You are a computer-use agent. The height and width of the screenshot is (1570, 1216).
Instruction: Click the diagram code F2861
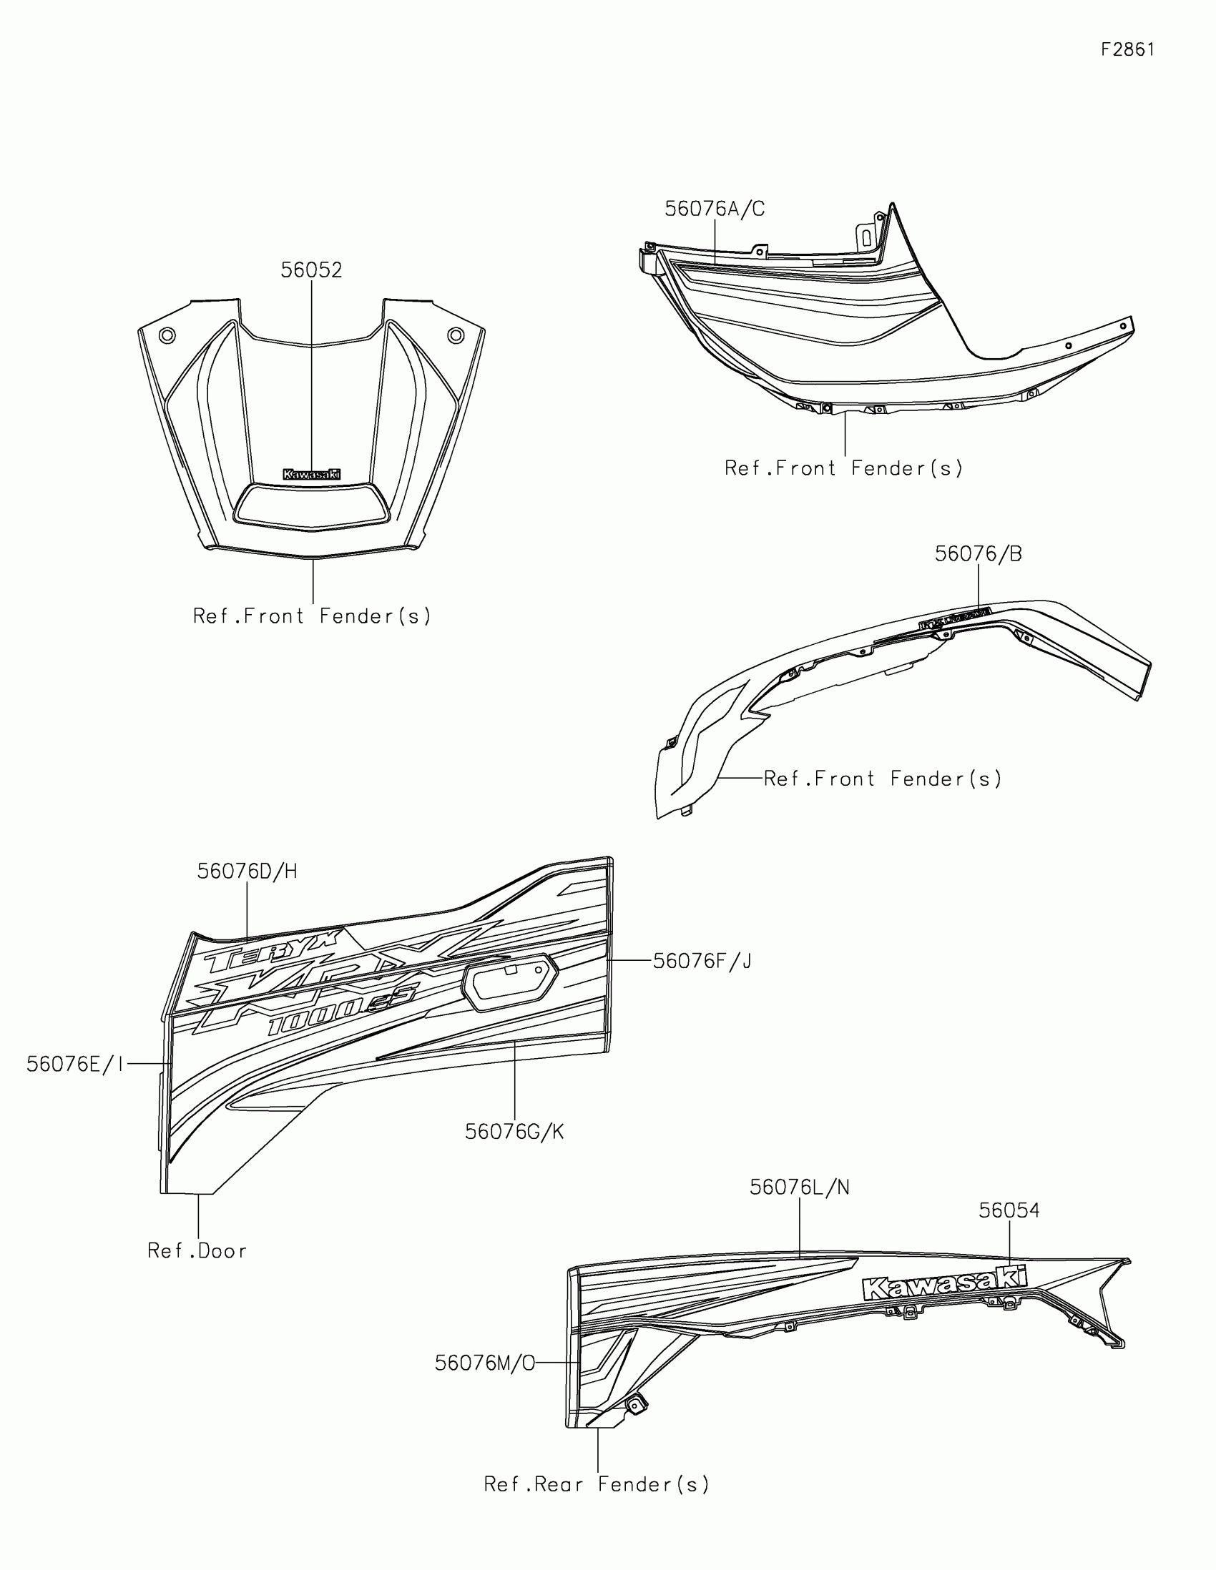1127,49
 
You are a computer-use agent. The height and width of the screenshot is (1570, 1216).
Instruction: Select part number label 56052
310,270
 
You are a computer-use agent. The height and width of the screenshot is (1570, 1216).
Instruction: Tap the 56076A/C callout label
714,209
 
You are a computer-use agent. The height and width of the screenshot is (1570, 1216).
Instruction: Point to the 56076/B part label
978,553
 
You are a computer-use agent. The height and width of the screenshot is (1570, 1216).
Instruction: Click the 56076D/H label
247,872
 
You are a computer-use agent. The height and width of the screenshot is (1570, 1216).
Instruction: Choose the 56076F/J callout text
702,961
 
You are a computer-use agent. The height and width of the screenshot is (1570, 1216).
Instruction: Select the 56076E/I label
75,1064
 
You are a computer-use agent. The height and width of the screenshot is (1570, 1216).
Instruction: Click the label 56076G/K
514,1132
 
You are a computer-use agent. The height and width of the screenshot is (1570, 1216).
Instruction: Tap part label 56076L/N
799,1188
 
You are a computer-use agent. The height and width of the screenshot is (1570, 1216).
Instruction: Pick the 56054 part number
1009,1210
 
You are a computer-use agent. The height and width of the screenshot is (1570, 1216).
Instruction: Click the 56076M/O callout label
485,1363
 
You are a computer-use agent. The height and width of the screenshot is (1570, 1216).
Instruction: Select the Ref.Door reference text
197,1252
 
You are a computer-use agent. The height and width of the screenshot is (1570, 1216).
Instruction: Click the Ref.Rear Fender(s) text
596,1484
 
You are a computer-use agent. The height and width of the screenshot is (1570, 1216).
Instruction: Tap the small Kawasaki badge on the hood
311,475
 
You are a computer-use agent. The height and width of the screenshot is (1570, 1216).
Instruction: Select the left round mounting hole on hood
167,335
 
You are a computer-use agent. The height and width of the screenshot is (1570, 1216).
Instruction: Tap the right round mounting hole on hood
455,335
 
